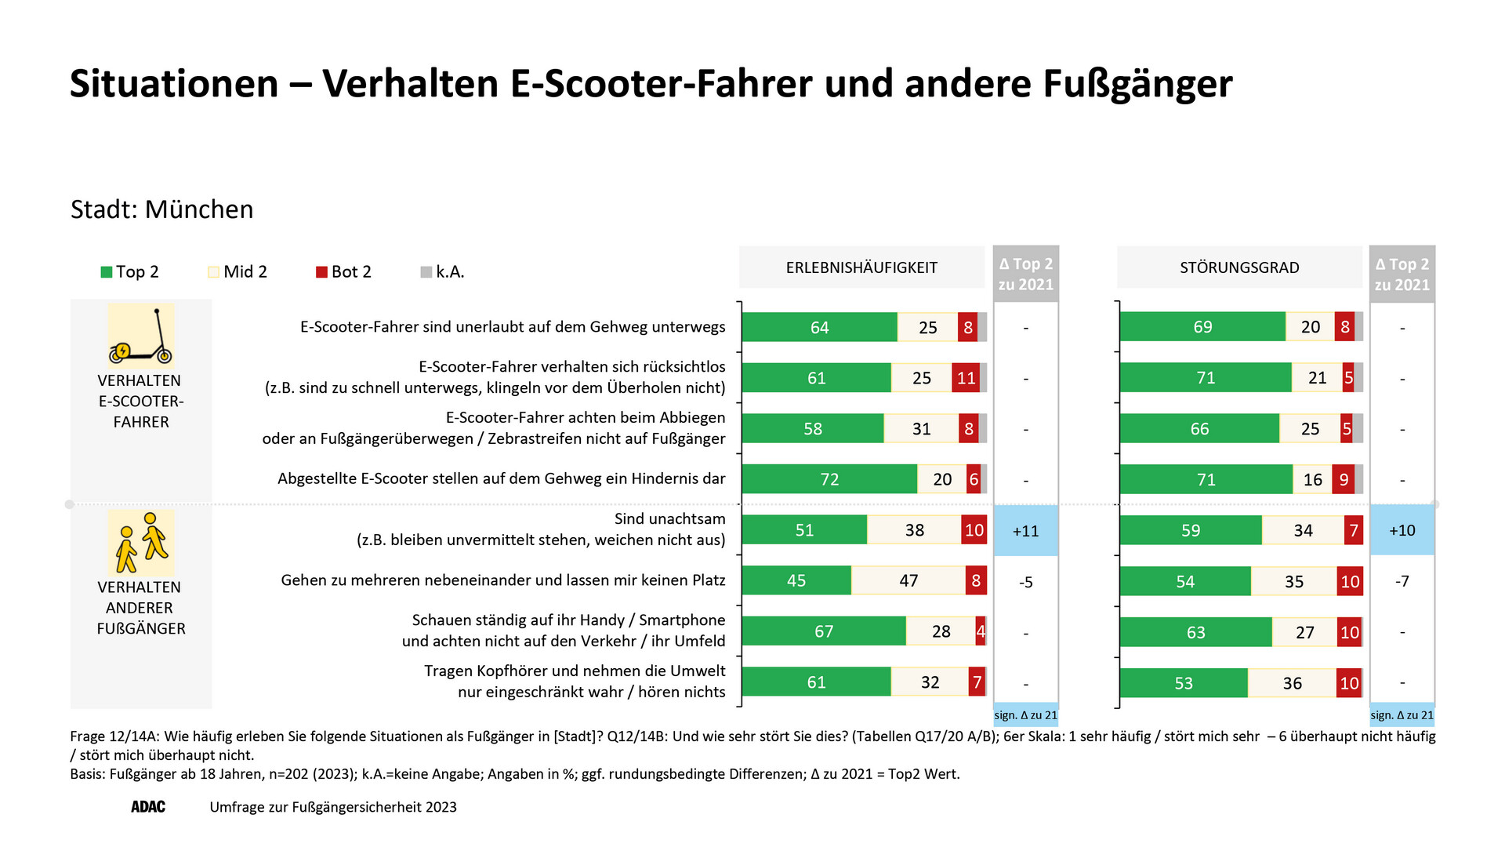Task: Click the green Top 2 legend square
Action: coord(106,272)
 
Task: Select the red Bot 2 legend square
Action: coord(321,272)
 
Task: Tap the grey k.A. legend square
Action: coord(426,272)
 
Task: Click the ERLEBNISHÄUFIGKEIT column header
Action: coord(861,267)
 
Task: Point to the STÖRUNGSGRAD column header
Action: coord(1239,267)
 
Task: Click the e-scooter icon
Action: coord(141,336)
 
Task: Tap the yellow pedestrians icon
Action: coord(141,543)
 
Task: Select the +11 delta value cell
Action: coord(1025,531)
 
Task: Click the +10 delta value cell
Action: coord(1402,530)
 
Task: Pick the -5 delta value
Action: coord(1025,582)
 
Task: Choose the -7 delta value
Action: coord(1402,581)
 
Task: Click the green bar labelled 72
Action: coord(829,479)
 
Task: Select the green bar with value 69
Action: coord(1202,327)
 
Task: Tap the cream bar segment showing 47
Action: coord(908,580)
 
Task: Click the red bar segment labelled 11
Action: coord(966,378)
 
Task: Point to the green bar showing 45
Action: coord(796,580)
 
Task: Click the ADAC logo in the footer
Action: coord(148,807)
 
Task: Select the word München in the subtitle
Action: coord(199,209)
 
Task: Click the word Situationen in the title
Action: coord(174,84)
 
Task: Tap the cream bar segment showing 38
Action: coord(914,530)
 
